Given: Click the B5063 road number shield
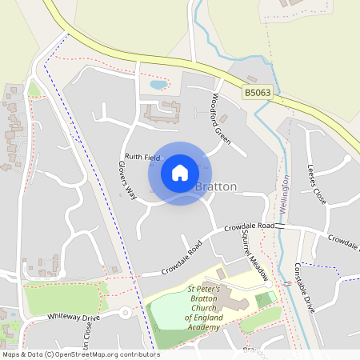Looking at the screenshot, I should tap(258, 94).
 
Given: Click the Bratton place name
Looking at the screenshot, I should tap(217, 186).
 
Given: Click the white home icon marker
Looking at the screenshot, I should tap(180, 173).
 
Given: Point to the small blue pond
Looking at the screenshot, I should tap(158, 84).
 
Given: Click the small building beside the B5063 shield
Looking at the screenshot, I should tap(253, 79).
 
